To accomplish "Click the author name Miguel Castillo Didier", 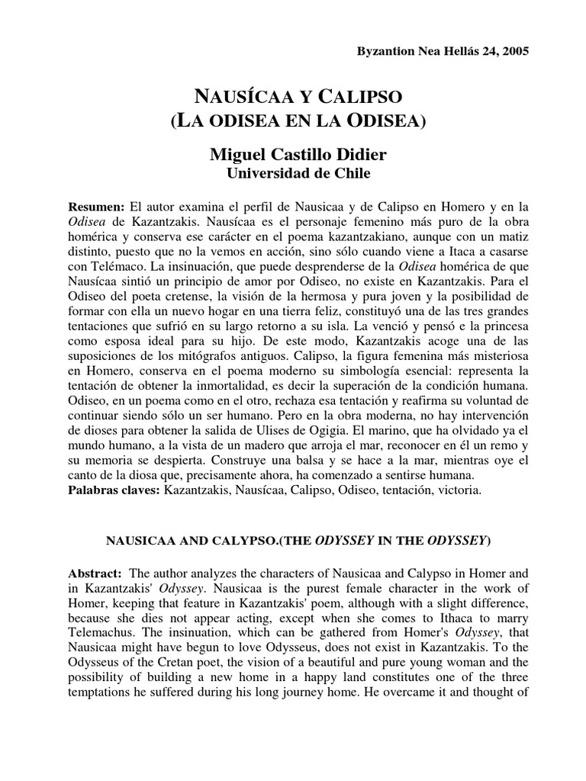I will pyautogui.click(x=298, y=155).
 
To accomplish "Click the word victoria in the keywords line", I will pyautogui.click(x=458, y=490).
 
